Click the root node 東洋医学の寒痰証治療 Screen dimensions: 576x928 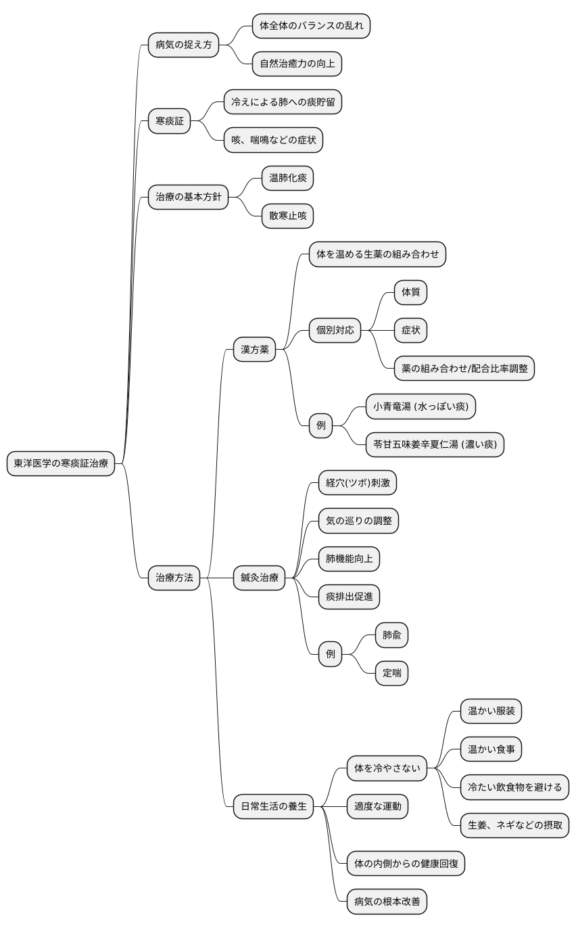(60, 463)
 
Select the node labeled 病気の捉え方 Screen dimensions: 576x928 (183, 45)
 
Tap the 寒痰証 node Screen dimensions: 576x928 (170, 121)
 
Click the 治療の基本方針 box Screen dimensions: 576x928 (188, 197)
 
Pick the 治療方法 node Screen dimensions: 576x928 (174, 578)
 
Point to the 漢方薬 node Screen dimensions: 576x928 (255, 349)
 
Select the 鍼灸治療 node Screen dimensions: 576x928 (259, 578)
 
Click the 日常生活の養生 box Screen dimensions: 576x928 (273, 806)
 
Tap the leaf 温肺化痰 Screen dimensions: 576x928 (288, 178)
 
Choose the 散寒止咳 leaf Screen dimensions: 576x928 (288, 216)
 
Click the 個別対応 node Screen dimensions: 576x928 (335, 330)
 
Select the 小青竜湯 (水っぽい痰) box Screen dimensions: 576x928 (421, 407)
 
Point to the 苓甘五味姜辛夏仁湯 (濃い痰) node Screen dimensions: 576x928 (435, 444)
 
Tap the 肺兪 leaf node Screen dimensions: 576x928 (391, 634)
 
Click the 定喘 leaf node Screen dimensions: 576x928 (391, 673)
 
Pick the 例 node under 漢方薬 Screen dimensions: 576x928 (321, 425)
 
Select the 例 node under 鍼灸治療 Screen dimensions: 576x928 (331, 654)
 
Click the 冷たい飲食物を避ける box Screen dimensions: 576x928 (514, 787)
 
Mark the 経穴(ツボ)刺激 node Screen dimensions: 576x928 (358, 483)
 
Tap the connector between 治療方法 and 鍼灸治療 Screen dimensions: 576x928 (217, 578)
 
